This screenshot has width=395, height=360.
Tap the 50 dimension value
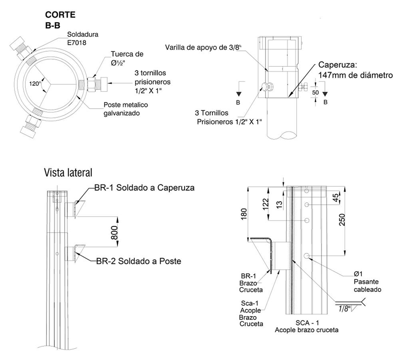315,93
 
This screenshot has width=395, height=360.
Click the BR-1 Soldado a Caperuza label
145,188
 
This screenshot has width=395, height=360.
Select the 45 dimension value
336,198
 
